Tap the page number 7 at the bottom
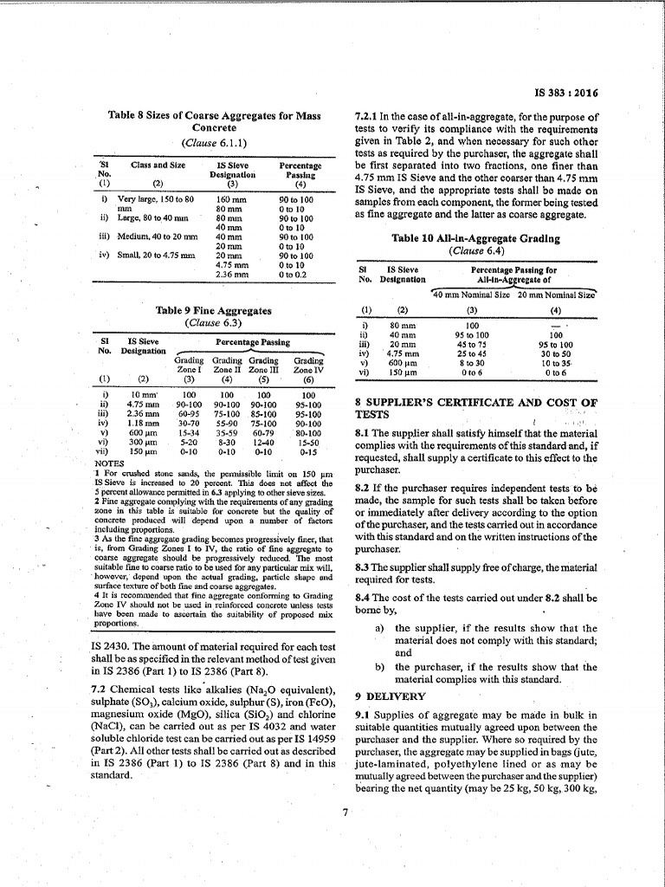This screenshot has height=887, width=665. coord(344,812)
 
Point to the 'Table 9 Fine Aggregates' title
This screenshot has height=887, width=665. coord(213,310)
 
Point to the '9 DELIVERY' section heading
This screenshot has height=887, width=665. coord(391,696)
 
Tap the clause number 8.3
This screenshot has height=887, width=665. coord(365,541)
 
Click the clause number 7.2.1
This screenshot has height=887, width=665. coord(369,116)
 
